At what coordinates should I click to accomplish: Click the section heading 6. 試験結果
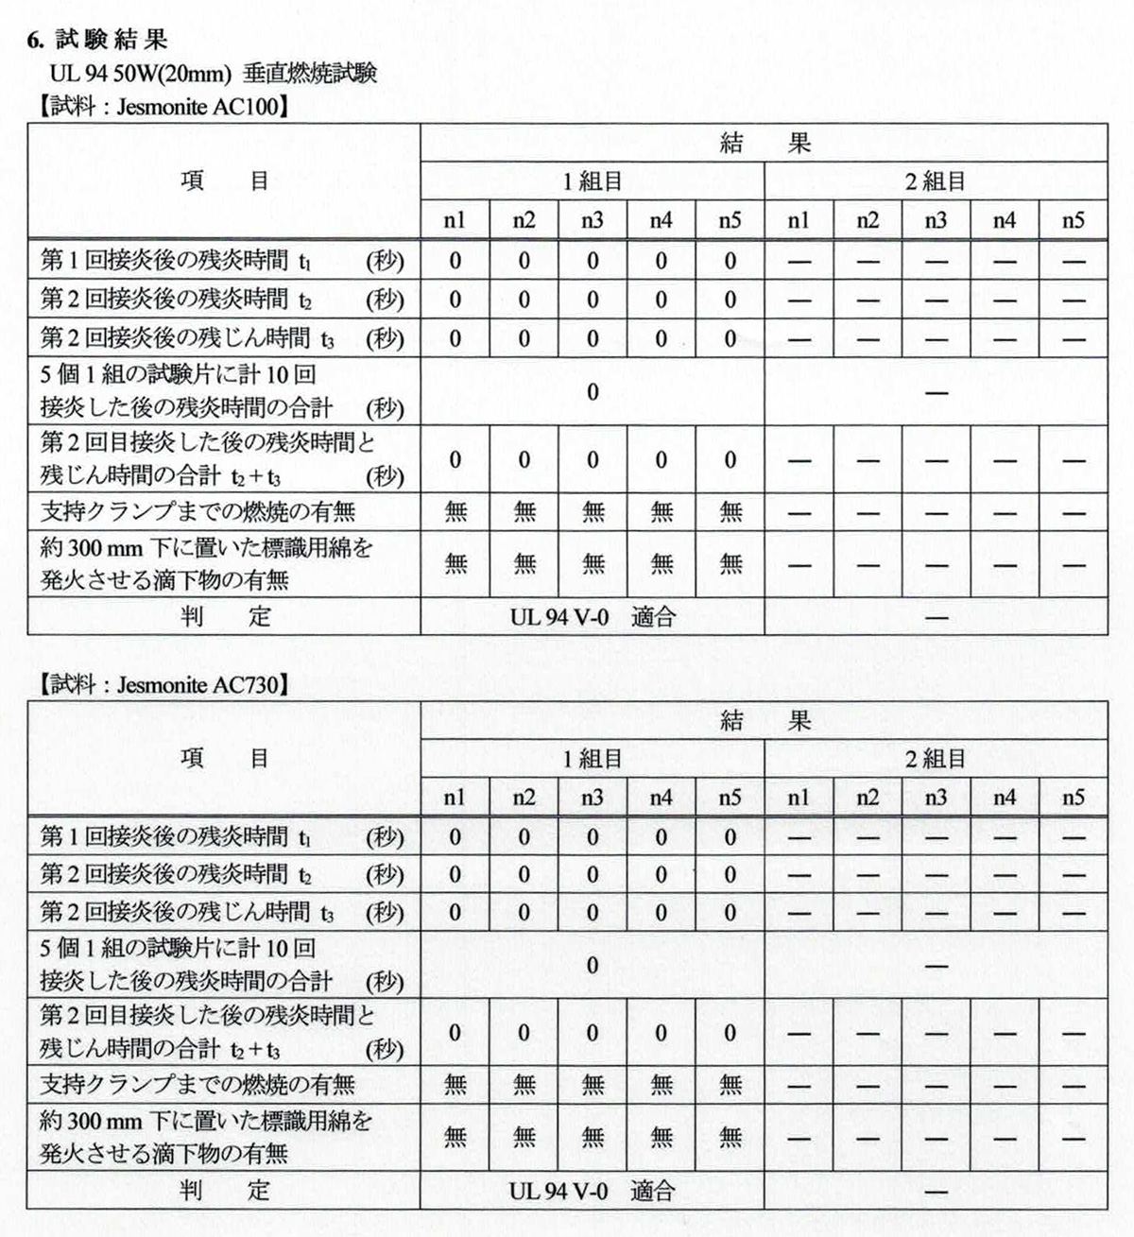(x=97, y=40)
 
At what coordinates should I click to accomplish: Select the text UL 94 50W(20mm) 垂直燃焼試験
(x=214, y=73)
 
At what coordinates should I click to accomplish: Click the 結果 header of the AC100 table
(x=765, y=143)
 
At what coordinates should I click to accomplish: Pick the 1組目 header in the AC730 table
(x=593, y=759)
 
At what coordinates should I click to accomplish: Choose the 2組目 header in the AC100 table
(x=936, y=181)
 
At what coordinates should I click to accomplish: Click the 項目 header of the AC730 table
(x=225, y=758)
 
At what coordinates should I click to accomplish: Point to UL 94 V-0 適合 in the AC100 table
(x=593, y=617)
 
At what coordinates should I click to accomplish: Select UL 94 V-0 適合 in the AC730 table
(x=593, y=1191)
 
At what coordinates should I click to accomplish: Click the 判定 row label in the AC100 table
(x=225, y=617)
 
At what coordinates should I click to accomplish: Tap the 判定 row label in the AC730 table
(x=225, y=1191)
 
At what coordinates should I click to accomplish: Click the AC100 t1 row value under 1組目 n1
(x=455, y=261)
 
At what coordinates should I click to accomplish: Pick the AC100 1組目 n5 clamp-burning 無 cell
(x=730, y=511)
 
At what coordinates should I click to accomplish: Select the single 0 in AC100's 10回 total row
(x=593, y=391)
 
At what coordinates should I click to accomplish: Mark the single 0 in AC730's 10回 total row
(x=593, y=965)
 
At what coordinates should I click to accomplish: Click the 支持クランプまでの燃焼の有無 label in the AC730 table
(x=198, y=1084)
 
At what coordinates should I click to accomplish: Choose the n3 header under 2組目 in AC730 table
(x=936, y=799)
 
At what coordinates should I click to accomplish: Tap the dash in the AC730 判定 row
(x=936, y=1192)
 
